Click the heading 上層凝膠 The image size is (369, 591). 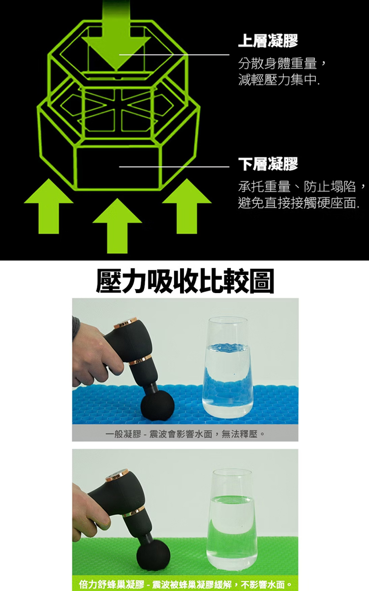coord(268,41)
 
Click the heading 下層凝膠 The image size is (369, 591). coord(268,164)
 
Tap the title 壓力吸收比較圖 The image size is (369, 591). coord(185,281)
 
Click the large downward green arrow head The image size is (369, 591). coord(116,51)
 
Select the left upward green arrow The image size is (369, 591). coord(49,206)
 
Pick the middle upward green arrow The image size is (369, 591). coord(117,226)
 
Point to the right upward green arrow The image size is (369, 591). coord(187,206)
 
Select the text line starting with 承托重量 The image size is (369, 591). coord(302,186)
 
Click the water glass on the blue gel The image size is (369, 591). coord(228,367)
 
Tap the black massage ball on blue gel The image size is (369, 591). coord(157,407)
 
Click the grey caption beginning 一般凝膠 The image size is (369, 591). coord(185,434)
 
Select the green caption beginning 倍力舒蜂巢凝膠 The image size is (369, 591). coord(185,584)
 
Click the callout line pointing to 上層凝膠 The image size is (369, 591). coord(174,55)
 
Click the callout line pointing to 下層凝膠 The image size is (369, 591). coord(174,167)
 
